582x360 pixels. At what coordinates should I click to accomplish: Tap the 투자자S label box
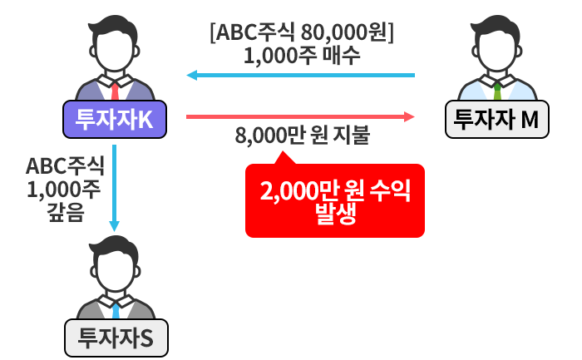click(115, 338)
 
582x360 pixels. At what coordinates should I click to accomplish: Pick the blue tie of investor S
click(115, 308)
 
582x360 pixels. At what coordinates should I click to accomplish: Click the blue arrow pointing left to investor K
click(299, 76)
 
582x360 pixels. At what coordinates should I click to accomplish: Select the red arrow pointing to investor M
click(299, 116)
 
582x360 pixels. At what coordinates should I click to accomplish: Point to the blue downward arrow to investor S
click(115, 187)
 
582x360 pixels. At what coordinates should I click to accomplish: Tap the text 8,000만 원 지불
click(303, 136)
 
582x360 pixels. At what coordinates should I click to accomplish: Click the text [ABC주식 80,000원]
click(302, 35)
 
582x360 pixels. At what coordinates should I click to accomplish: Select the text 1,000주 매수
click(302, 57)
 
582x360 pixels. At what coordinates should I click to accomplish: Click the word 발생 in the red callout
click(335, 215)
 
